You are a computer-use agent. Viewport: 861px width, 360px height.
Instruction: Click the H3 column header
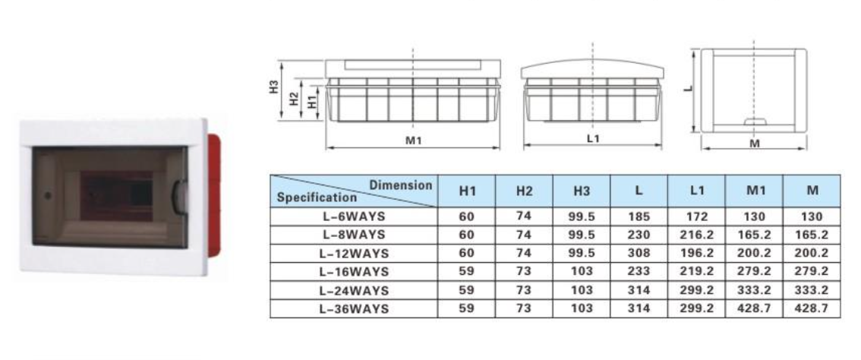point(582,191)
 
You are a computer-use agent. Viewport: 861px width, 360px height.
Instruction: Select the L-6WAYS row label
point(354,216)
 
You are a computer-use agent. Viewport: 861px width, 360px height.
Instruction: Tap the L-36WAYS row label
point(354,309)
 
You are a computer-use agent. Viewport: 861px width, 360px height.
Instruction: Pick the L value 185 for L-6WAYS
point(639,216)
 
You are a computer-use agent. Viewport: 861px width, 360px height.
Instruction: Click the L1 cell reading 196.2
point(696,254)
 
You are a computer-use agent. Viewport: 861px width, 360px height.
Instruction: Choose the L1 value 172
point(696,216)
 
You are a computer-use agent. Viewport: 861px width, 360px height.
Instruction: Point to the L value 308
point(639,254)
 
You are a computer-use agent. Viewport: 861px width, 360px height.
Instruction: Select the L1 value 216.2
point(696,235)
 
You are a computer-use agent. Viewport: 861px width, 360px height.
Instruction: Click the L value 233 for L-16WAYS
point(639,271)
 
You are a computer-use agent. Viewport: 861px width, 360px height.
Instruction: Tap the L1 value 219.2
point(696,271)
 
